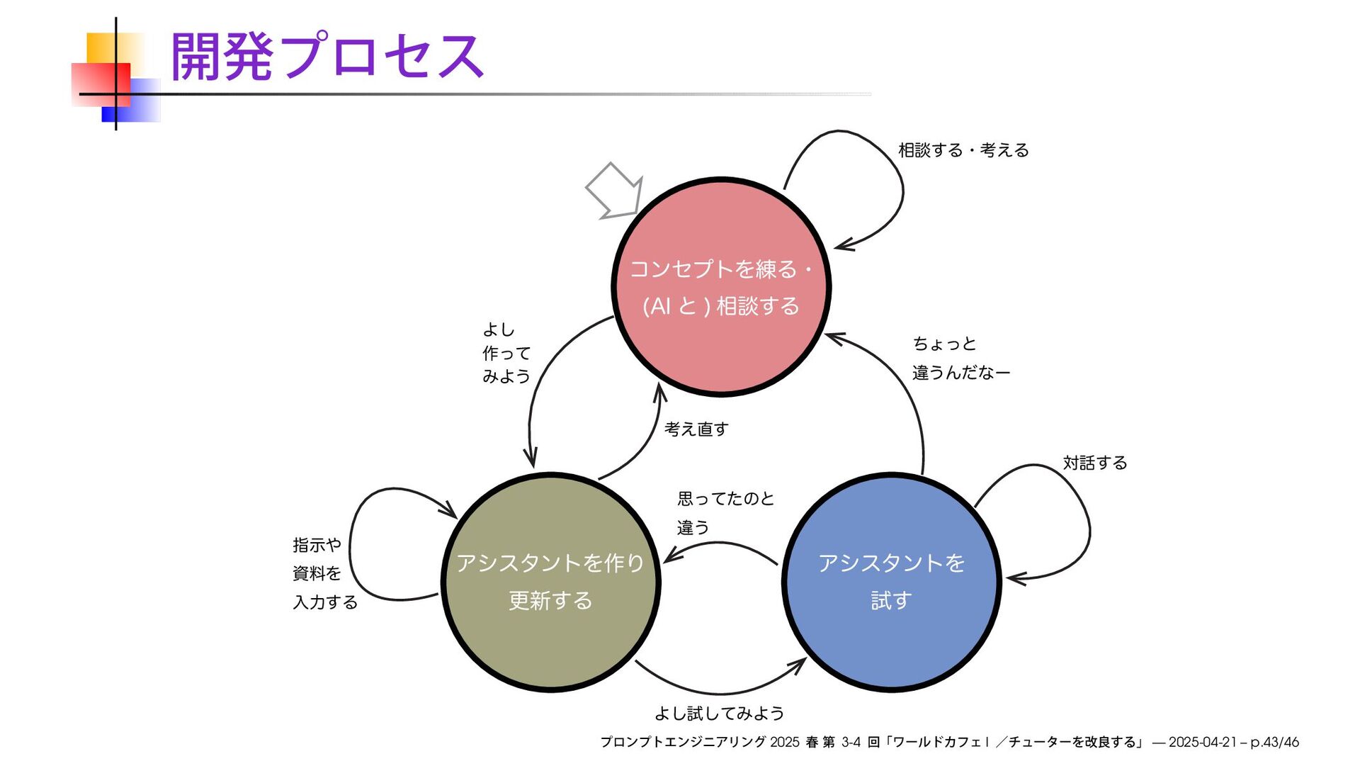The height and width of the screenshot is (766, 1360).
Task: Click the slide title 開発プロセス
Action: [327, 57]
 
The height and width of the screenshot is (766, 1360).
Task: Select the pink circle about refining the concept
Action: [720, 286]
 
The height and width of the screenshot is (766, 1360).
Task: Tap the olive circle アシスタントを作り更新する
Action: [550, 581]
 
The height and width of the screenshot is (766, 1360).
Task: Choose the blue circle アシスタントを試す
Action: [891, 581]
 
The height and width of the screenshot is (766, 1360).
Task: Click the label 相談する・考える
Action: [963, 150]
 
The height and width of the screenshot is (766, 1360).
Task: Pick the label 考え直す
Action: [696, 429]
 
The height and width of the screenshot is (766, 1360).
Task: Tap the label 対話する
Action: [1094, 463]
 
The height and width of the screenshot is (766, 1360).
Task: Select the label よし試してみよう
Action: [719, 713]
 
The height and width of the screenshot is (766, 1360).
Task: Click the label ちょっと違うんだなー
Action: [960, 358]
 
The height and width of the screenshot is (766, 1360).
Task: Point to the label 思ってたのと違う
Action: [725, 512]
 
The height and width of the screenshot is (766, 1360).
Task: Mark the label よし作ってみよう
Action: [506, 353]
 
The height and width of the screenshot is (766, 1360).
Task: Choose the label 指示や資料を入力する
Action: [324, 573]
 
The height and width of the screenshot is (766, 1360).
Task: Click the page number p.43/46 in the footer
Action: [1274, 742]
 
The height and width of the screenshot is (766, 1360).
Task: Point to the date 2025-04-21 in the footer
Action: [1202, 742]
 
